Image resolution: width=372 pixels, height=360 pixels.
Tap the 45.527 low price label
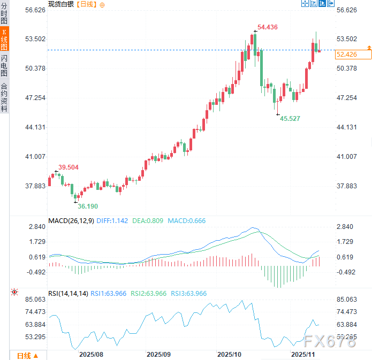tap(290, 118)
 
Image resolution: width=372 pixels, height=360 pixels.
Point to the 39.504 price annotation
tap(69, 167)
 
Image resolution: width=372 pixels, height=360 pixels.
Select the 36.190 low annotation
tap(88, 206)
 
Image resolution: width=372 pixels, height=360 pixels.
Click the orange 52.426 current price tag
tap(347, 54)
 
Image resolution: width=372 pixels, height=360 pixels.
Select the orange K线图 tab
tap(4, 40)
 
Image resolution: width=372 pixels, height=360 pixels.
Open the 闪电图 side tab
tap(4, 66)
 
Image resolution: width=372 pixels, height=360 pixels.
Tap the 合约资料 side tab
tap(4, 96)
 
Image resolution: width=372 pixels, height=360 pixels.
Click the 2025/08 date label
tap(90, 354)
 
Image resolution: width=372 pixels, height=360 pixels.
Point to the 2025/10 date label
tap(230, 354)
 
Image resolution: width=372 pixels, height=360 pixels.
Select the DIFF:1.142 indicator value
tap(113, 220)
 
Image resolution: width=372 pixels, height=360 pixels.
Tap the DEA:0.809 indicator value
tap(148, 220)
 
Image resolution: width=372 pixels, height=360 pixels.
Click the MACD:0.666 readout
tap(186, 220)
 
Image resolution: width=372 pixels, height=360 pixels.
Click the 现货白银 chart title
tap(61, 4)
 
